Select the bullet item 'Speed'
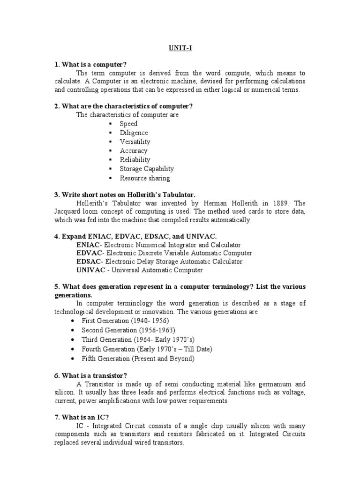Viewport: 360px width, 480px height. pyautogui.click(x=128, y=124)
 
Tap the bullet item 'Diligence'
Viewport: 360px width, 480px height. pyautogui.click(x=134, y=133)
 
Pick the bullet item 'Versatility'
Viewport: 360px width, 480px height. pyautogui.click(x=135, y=142)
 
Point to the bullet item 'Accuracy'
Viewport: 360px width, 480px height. pyautogui.click(x=133, y=151)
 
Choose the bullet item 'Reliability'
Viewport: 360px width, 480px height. pyautogui.click(x=135, y=160)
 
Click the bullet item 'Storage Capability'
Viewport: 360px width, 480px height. pyautogui.click(x=147, y=169)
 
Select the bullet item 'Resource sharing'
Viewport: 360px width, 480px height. pyautogui.click(x=145, y=178)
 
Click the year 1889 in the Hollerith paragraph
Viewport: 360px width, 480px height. pyautogui.click(x=271, y=203)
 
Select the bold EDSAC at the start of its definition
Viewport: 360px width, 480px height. pyautogui.click(x=89, y=262)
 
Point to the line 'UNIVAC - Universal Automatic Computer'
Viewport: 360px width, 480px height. pyautogui.click(x=139, y=270)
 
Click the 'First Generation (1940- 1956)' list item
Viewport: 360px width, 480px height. pyautogui.click(x=125, y=321)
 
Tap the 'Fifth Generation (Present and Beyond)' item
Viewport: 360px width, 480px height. pyautogui.click(x=137, y=359)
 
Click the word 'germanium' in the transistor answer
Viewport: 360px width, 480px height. pyautogui.click(x=273, y=384)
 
